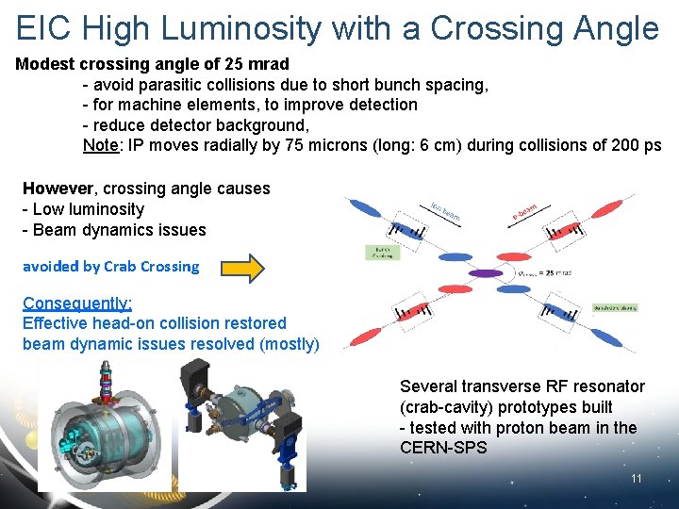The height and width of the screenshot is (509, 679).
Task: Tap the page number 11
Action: [637, 479]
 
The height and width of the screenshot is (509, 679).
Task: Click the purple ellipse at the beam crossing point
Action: [486, 273]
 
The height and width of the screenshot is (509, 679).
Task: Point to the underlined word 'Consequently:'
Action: [77, 303]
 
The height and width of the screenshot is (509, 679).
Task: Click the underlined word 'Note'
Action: [99, 145]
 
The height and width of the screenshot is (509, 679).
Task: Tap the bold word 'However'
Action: [57, 189]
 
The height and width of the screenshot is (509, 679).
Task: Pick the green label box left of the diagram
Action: [383, 253]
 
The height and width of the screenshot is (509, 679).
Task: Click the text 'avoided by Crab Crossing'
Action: [111, 266]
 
